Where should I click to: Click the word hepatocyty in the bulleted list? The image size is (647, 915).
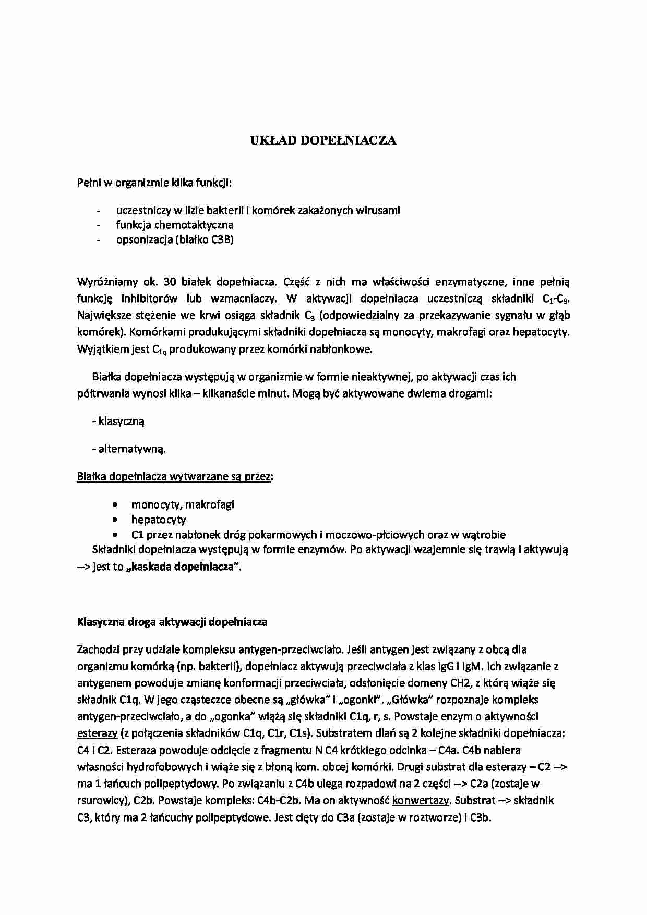[x=159, y=520]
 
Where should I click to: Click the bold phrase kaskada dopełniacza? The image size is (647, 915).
[x=184, y=567]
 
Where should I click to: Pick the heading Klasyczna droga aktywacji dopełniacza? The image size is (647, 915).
[x=172, y=622]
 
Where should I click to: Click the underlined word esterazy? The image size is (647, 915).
[x=97, y=733]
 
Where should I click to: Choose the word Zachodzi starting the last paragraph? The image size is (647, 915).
[x=98, y=649]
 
